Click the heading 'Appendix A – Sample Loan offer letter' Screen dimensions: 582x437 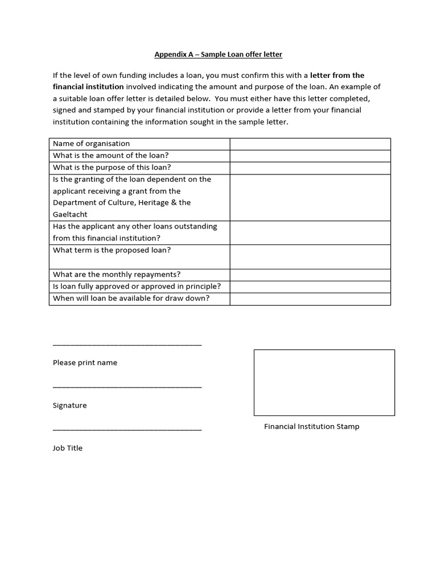(x=218, y=55)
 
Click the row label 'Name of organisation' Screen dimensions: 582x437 (x=91, y=144)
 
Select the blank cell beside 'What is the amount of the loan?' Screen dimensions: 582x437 (x=310, y=156)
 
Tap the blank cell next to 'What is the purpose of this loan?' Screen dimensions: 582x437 (x=310, y=168)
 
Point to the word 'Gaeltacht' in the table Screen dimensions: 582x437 (x=70, y=215)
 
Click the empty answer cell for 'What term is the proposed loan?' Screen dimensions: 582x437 (x=310, y=256)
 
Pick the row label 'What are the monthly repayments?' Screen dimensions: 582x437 (x=117, y=275)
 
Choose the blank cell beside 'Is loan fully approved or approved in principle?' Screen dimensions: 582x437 (x=310, y=286)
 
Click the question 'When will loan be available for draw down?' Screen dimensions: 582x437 (x=131, y=298)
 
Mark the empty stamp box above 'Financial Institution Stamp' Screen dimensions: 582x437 (x=324, y=383)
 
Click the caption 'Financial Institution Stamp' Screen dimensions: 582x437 (x=311, y=427)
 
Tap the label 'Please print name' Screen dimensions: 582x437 (x=85, y=363)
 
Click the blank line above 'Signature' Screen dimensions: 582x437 (x=127, y=387)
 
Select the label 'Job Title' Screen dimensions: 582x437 (x=68, y=448)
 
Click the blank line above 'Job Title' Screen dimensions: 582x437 (x=127, y=430)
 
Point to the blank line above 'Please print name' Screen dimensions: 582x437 (x=127, y=344)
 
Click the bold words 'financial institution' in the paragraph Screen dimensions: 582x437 (x=88, y=87)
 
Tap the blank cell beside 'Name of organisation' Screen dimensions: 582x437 (x=310, y=144)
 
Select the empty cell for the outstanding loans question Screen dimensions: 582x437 (x=310, y=232)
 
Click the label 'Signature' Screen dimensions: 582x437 (x=70, y=405)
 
